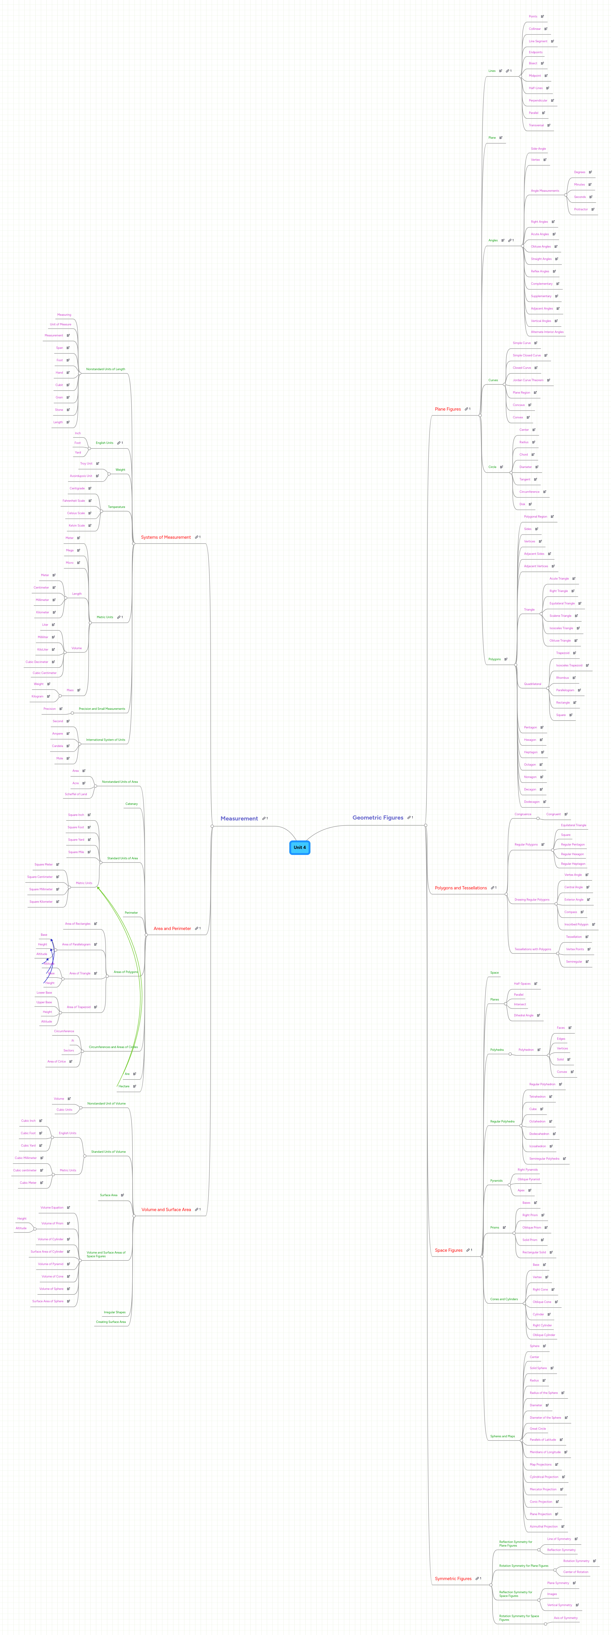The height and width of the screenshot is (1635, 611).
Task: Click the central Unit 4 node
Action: (x=299, y=847)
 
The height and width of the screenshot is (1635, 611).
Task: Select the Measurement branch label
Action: (x=239, y=819)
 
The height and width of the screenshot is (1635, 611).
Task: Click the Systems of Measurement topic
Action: (x=166, y=538)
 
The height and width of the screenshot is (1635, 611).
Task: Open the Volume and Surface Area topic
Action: (x=166, y=1210)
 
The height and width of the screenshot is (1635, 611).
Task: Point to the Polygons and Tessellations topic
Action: (x=461, y=888)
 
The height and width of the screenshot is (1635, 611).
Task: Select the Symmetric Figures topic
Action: (x=453, y=1579)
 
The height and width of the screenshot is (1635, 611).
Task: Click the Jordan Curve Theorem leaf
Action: (x=528, y=380)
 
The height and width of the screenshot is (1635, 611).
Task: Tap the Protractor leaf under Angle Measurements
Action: (x=580, y=209)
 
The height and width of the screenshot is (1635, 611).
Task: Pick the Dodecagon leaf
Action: (x=532, y=802)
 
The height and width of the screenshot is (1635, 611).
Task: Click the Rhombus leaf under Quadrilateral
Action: (x=562, y=678)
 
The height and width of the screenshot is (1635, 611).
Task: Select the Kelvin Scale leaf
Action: (x=77, y=526)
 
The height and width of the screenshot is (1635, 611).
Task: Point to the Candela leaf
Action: (x=58, y=746)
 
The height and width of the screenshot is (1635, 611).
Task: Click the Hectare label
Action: (x=124, y=1087)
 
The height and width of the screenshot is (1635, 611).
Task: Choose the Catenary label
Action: (x=131, y=804)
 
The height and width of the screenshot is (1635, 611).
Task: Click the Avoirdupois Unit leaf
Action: (x=81, y=476)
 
